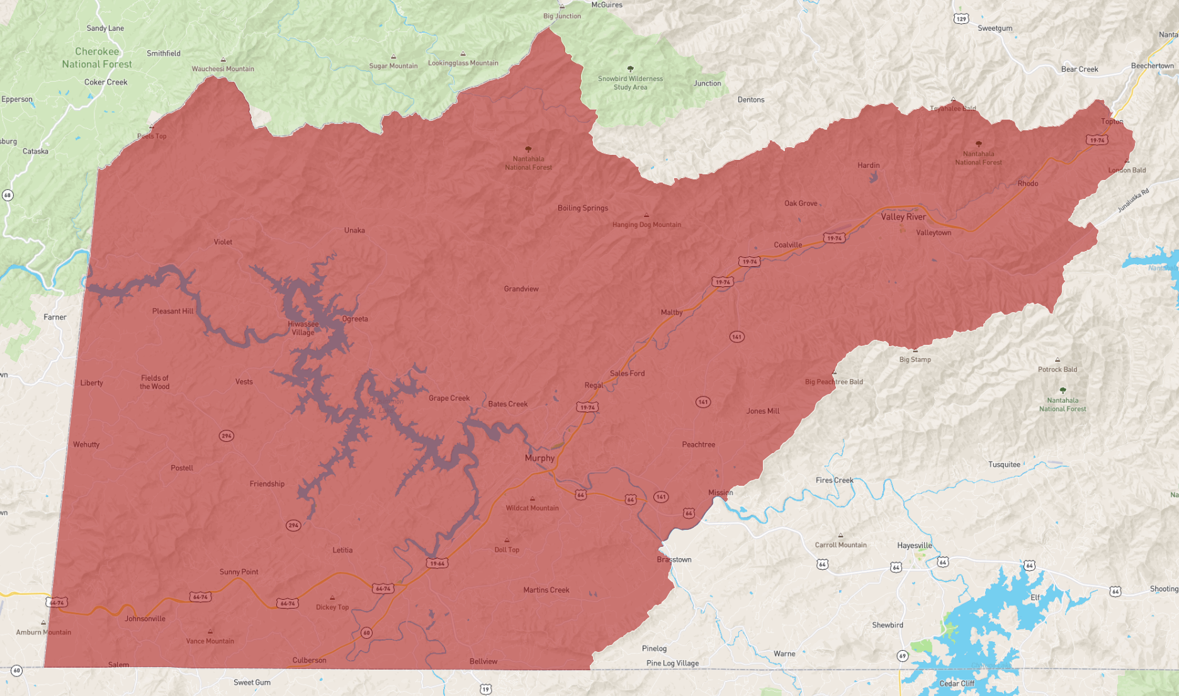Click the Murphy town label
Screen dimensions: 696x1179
[539, 458]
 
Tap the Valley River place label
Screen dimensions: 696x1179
[903, 216]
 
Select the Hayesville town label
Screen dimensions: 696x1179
[914, 546]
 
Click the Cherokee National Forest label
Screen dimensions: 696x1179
[97, 58]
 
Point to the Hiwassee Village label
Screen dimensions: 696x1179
[303, 328]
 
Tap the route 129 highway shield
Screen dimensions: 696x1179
[961, 19]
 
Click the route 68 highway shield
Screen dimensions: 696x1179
[8, 195]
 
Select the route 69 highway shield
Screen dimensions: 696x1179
[902, 656]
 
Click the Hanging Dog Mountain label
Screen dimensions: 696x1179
[646, 225]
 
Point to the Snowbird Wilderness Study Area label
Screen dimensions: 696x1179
[630, 83]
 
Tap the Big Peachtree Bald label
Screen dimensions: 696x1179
[833, 381]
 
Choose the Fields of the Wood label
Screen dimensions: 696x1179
[154, 382]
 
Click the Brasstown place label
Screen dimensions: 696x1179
[674, 559]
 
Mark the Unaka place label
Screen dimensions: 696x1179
[354, 230]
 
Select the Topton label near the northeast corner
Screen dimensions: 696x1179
[1111, 121]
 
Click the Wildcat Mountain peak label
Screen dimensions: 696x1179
[532, 508]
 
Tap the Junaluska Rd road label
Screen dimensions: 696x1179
[1133, 200]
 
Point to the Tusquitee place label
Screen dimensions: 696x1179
[1003, 464]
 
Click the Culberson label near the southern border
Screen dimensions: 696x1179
[309, 660]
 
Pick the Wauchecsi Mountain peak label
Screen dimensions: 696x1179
[223, 69]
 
